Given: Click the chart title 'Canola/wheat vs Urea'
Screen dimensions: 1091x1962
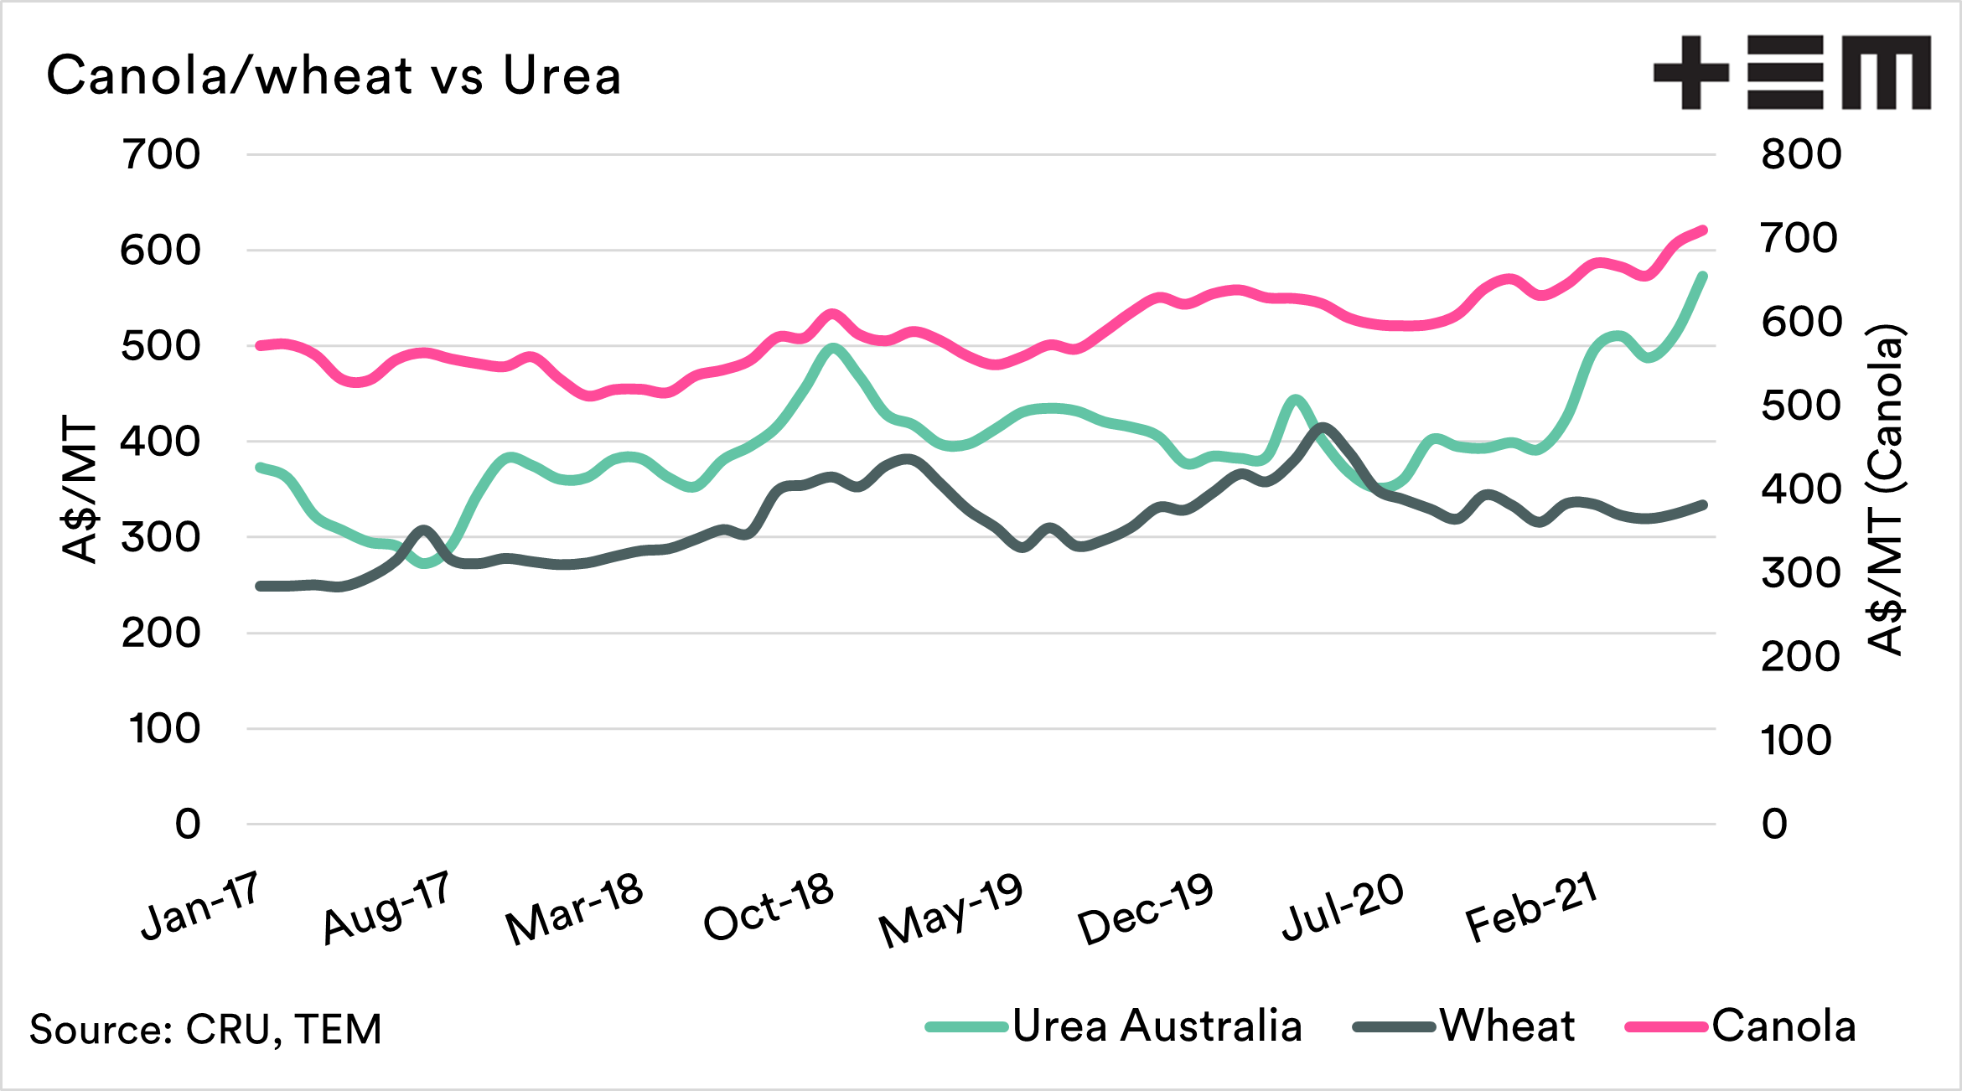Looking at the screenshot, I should tap(334, 75).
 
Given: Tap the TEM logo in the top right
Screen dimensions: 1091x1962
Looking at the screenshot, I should tap(1791, 73).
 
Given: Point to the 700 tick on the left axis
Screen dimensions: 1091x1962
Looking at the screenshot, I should tap(161, 155).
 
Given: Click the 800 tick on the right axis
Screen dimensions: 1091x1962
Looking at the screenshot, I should tap(1801, 155).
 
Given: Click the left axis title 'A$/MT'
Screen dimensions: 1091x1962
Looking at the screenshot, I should tap(80, 490).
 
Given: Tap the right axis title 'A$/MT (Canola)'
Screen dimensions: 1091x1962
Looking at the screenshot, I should tap(1887, 490).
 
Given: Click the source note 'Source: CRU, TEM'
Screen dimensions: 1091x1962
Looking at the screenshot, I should tap(206, 1029).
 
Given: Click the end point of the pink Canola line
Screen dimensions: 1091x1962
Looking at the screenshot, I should tap(1704, 230).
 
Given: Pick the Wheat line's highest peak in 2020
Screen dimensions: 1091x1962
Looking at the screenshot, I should tap(1323, 427).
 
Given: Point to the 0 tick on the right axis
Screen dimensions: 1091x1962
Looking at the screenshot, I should tap(1774, 825).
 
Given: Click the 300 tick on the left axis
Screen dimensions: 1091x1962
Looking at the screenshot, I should tap(161, 537).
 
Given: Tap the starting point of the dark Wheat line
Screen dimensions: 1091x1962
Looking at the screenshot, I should tap(260, 586).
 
